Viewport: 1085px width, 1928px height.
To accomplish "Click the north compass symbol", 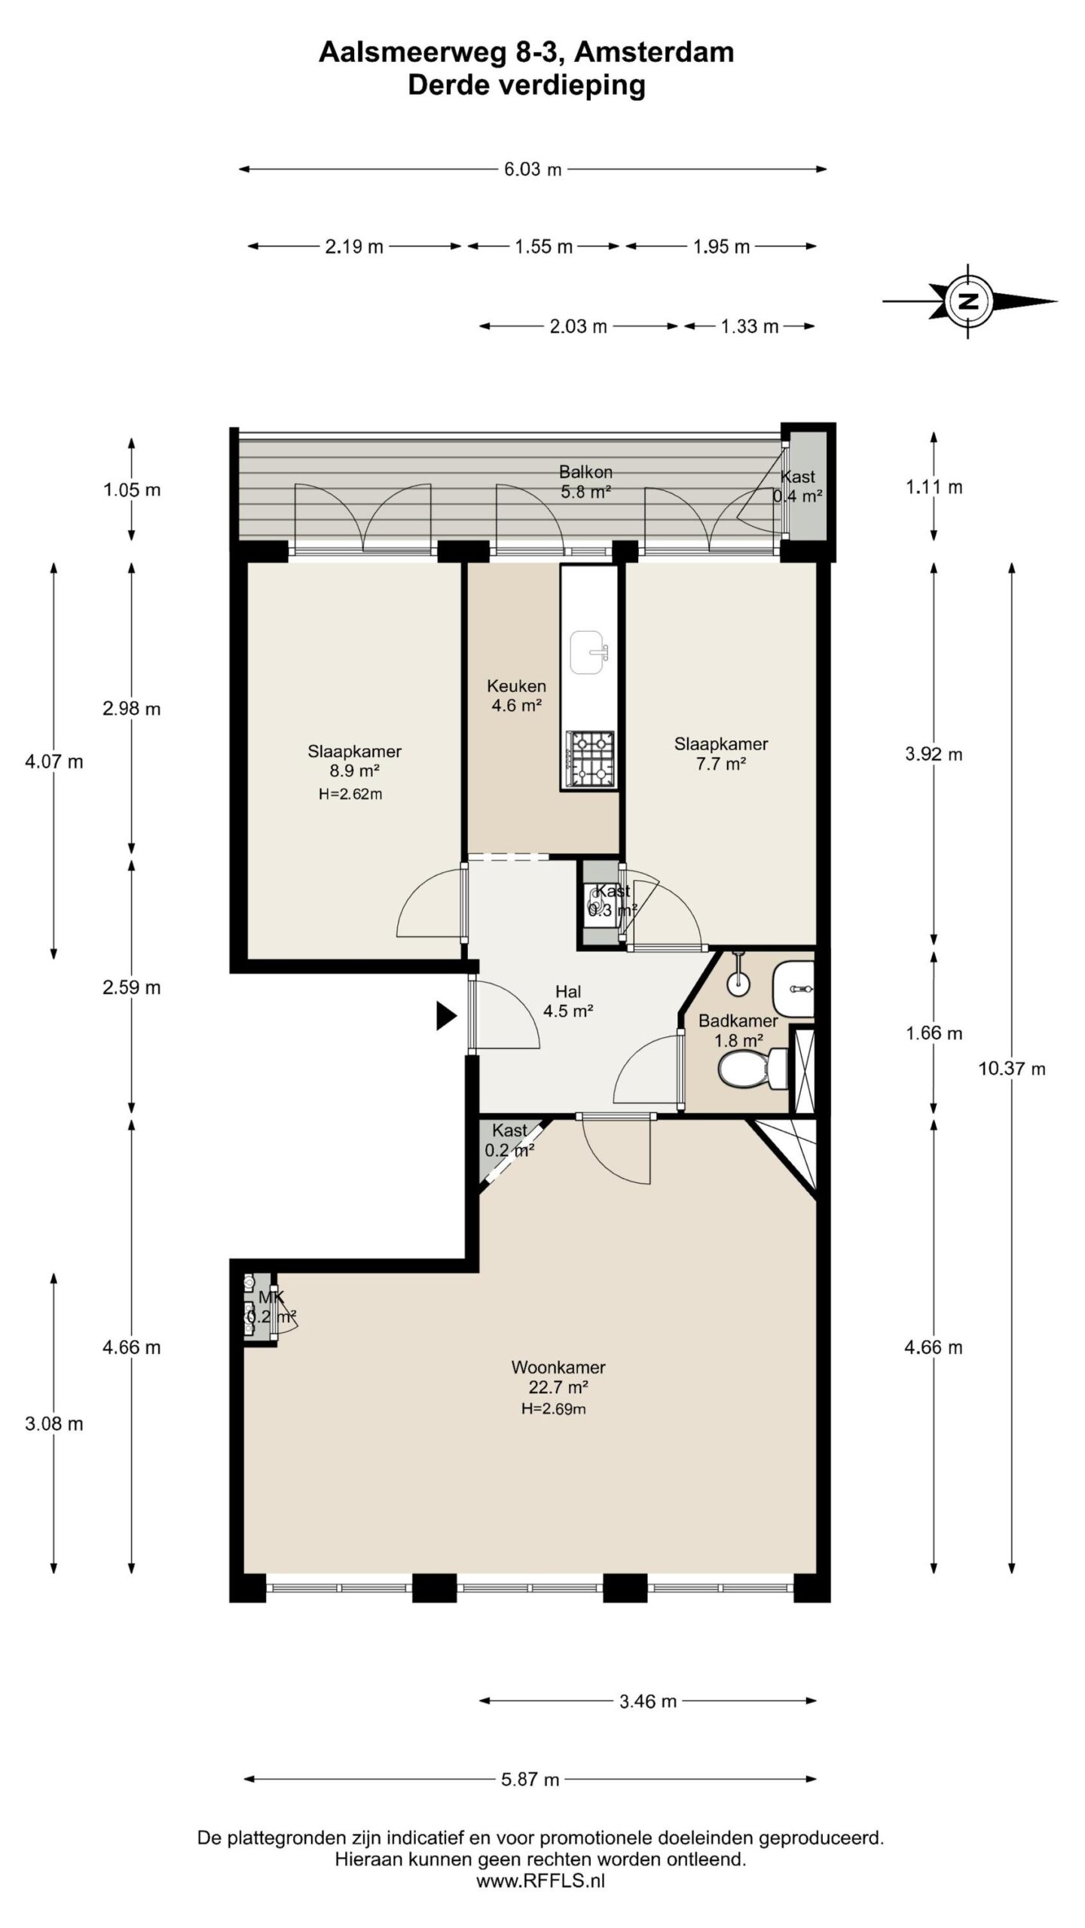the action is click(x=969, y=301).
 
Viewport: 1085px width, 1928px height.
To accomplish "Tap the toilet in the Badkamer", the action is click(x=753, y=1069).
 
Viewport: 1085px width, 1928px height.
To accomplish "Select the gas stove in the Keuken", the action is click(x=591, y=759).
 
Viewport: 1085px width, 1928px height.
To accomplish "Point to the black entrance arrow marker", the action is click(x=447, y=1016).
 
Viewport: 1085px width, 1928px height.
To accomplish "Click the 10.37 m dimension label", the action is click(x=1011, y=1069).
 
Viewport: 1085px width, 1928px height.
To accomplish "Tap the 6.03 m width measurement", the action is click(x=533, y=169).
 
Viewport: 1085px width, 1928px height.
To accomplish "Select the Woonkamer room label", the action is click(x=558, y=1367).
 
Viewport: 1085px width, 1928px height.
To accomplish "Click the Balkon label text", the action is click(x=585, y=472).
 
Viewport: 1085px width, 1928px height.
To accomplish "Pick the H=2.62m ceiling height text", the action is click(x=350, y=794).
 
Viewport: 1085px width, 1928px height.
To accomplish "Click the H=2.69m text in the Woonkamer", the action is click(x=554, y=1408).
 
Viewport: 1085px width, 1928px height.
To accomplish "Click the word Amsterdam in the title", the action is click(x=658, y=52).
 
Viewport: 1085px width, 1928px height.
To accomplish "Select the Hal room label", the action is click(x=568, y=992).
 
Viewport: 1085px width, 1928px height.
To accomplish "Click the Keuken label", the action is click(x=516, y=686).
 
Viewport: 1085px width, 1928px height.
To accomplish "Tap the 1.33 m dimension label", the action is click(x=750, y=326).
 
